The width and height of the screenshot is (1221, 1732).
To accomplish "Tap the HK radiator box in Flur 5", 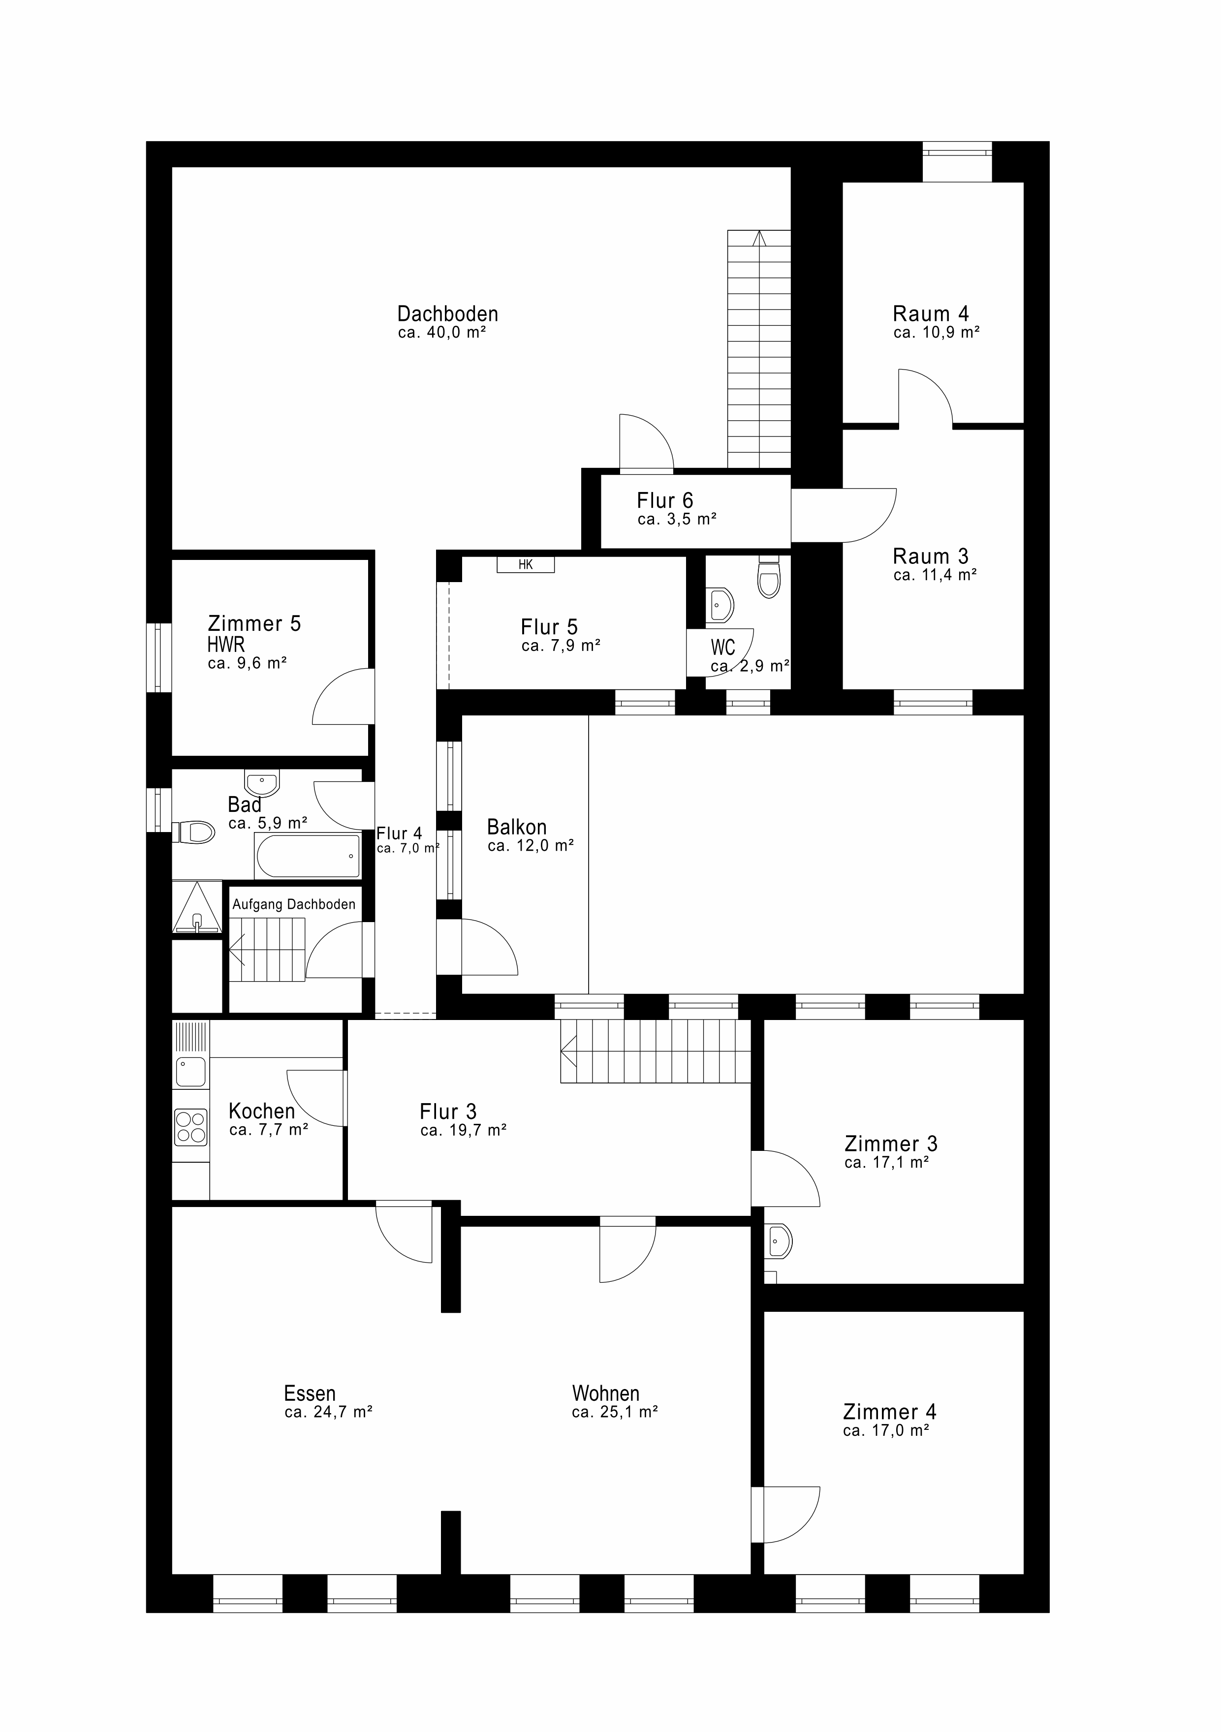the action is coord(525,564).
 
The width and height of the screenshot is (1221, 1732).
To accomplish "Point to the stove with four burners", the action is coord(190,1127).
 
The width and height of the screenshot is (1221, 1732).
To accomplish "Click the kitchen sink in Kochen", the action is coord(191,1071).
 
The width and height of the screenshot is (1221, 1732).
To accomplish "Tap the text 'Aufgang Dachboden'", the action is coord(293,904).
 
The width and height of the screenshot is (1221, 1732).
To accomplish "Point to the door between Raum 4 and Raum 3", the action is coord(925,398).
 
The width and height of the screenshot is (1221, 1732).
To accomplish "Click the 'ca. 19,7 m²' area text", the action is coord(463,1130).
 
